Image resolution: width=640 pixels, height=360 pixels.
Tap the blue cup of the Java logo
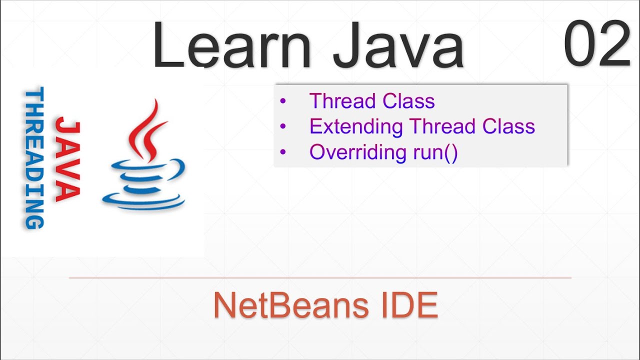pos(144,185)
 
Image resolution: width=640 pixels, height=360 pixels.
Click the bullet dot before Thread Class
pos(283,101)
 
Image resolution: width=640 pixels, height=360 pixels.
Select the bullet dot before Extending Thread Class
pos(283,126)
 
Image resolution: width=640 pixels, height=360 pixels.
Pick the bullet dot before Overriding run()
pos(283,152)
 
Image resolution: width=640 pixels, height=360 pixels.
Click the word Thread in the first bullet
pos(340,101)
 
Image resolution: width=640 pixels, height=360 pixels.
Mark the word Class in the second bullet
pos(508,126)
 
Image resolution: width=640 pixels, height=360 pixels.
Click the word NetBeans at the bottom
pos(284,305)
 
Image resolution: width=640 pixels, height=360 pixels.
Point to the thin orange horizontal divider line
pos(320,277)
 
